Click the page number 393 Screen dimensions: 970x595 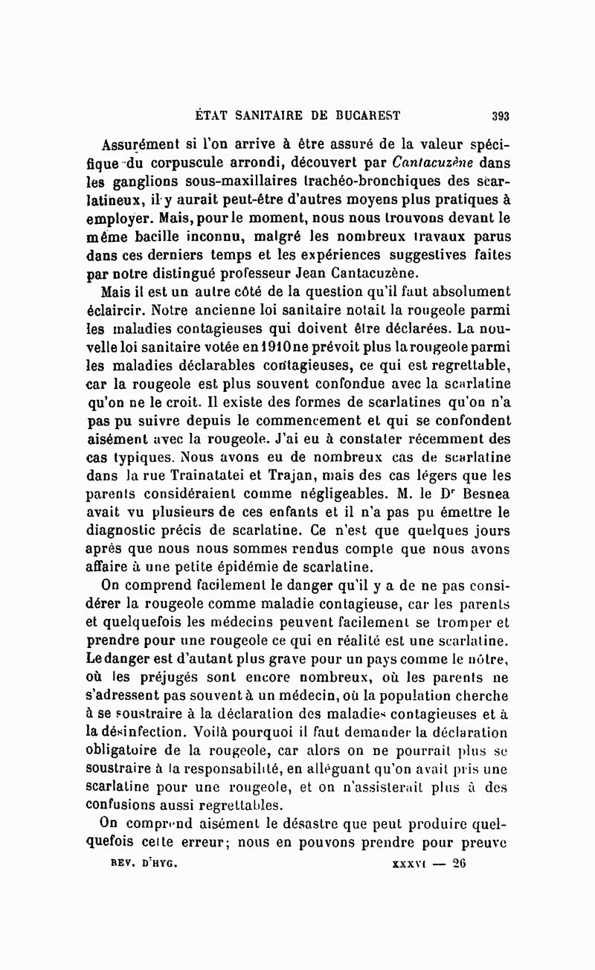[500, 115]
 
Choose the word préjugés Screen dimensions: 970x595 [187, 678]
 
